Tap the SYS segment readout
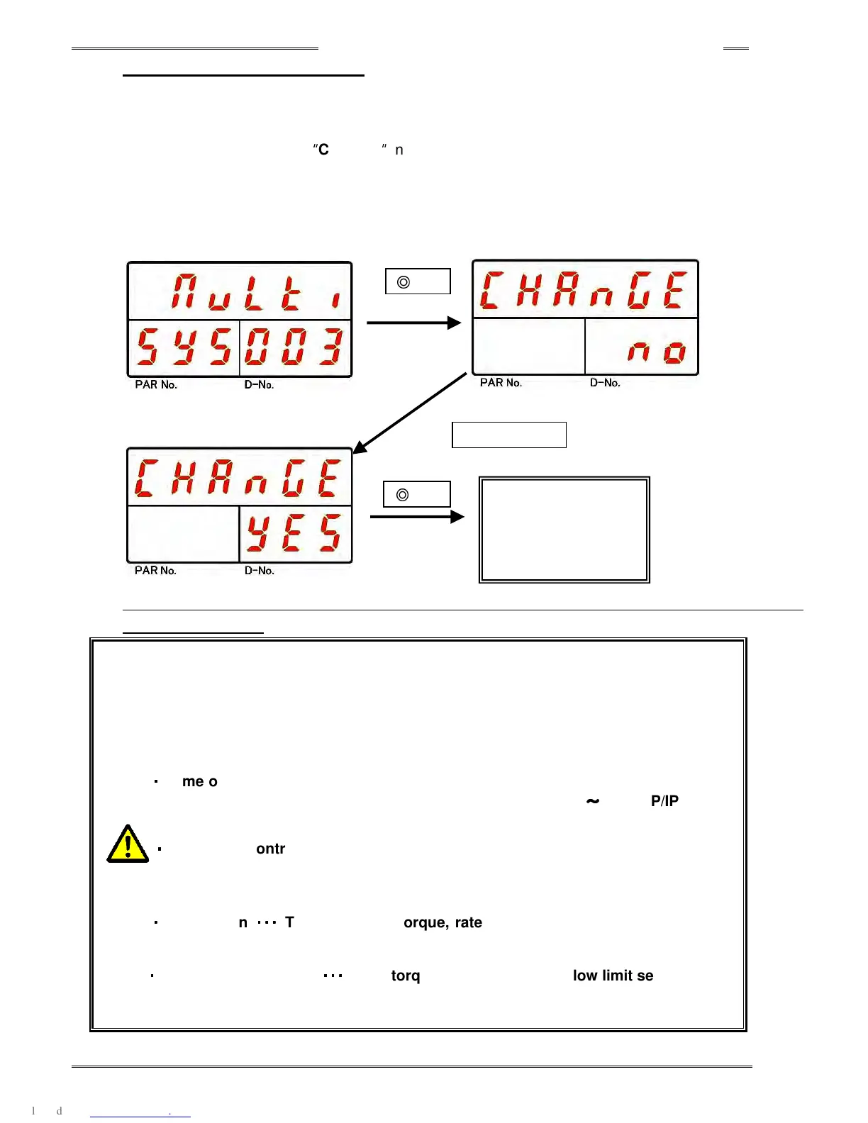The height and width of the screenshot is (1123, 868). coord(184,347)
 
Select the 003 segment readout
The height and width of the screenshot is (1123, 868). coord(294,347)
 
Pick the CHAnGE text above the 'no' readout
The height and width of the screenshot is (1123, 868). coord(584,290)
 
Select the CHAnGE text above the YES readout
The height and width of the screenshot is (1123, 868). coord(238,478)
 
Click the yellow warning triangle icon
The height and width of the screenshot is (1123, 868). coord(128,844)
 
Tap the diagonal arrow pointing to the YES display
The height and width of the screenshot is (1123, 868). coord(409,413)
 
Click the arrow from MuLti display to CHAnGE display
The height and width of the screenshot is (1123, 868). coord(414,323)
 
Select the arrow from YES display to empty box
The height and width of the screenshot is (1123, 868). coord(417,517)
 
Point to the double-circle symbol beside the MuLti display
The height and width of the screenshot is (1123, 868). coord(404,282)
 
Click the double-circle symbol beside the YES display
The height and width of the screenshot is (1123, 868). coord(403,495)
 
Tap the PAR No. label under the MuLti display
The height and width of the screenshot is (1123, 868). coord(156,385)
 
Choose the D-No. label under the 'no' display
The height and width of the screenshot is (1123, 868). coord(605,383)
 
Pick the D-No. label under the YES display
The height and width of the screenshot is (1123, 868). coord(260,571)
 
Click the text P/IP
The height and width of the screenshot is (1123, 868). coord(664,801)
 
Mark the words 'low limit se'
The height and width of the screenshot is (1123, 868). coord(613,976)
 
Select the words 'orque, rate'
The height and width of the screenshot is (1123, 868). coord(443,922)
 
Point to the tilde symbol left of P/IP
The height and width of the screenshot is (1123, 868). coord(592,801)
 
